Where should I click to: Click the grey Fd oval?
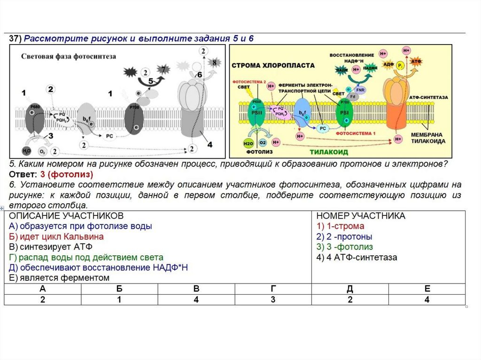point(352,96)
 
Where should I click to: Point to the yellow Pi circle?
point(400,66)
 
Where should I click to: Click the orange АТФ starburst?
point(416,61)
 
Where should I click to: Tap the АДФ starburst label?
point(388,63)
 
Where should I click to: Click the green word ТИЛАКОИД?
point(328,152)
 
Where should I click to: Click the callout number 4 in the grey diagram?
point(209,145)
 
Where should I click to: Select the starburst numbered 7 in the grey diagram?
point(163,69)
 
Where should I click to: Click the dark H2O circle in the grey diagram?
point(27,151)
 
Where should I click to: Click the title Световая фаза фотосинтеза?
point(69,56)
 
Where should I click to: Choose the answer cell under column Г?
point(273,300)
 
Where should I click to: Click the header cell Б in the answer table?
point(119,289)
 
